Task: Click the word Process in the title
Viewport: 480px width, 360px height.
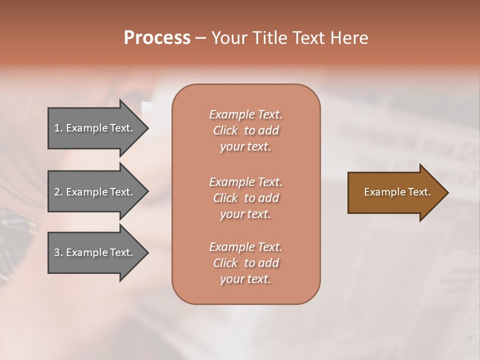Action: click(157, 38)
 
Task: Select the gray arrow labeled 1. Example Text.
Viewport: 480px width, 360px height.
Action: click(95, 128)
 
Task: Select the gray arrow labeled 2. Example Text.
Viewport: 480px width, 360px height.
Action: click(95, 192)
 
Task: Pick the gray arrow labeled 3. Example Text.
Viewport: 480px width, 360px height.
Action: click(95, 252)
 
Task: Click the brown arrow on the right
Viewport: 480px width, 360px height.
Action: click(395, 192)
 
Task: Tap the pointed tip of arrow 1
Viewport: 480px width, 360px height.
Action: click(147, 128)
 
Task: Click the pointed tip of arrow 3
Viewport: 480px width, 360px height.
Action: click(147, 253)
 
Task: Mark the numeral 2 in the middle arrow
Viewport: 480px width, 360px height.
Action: click(57, 192)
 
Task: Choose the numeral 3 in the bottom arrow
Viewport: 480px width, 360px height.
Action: click(57, 252)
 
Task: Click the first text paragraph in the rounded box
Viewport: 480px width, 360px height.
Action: click(245, 130)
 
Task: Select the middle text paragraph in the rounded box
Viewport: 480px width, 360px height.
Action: click(245, 198)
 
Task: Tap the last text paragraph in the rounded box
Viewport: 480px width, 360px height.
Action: click(245, 263)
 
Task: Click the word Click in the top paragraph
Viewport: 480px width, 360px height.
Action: click(225, 130)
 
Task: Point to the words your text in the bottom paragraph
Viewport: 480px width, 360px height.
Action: click(245, 279)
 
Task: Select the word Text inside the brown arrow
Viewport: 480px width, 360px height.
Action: click(419, 192)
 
